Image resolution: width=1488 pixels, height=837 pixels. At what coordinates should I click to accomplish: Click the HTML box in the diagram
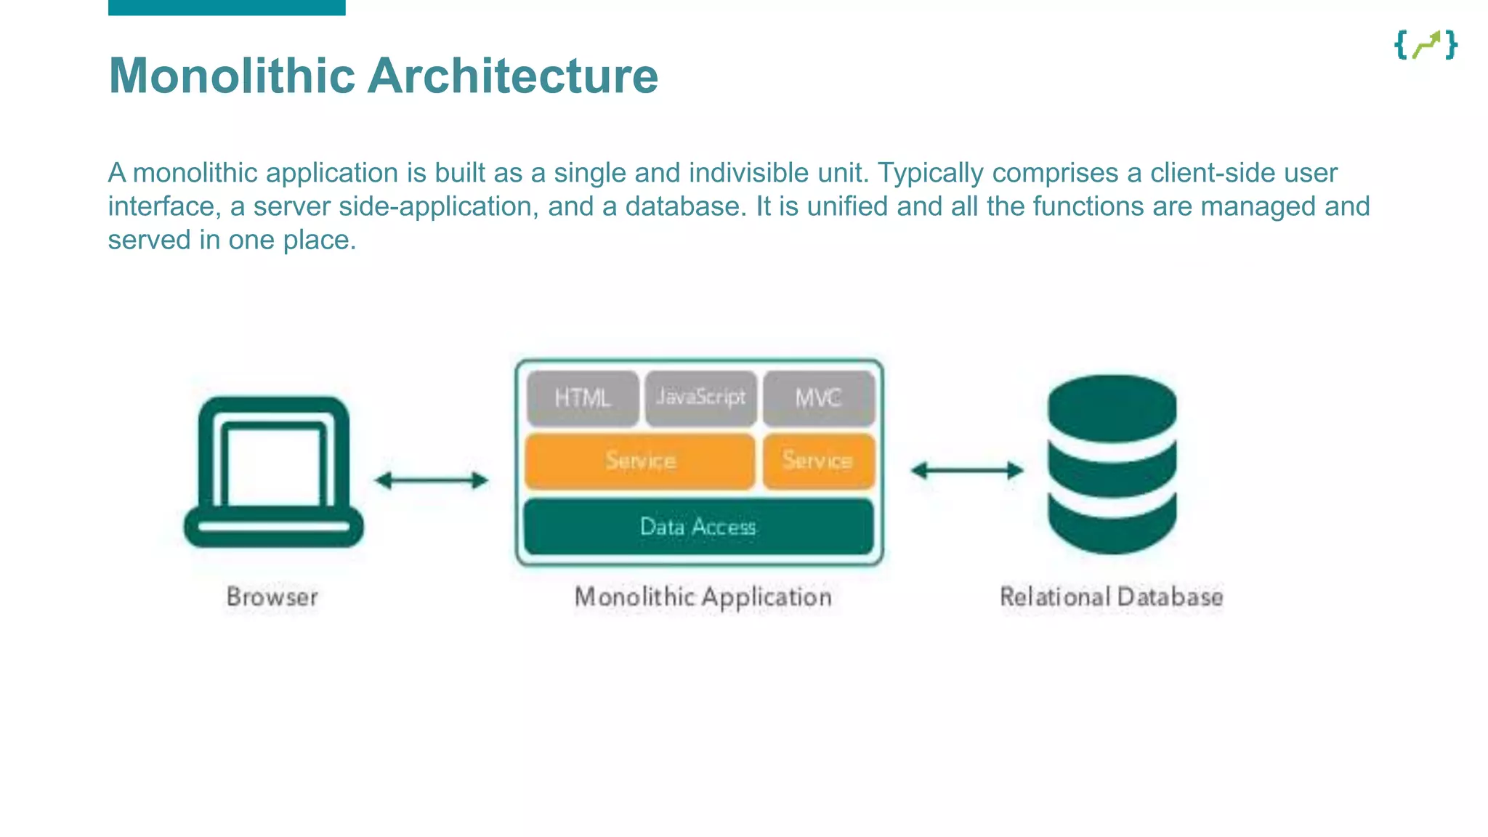pyautogui.click(x=583, y=398)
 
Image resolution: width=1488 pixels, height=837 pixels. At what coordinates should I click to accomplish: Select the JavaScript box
pyautogui.click(x=700, y=397)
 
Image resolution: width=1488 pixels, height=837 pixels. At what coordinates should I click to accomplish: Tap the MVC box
pyautogui.click(x=818, y=398)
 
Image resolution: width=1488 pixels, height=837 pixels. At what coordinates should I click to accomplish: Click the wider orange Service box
pyautogui.click(x=640, y=461)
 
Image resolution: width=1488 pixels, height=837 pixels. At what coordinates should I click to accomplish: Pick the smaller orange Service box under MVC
pyautogui.click(x=818, y=461)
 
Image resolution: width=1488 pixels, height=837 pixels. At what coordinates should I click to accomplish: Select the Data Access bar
pyautogui.click(x=698, y=527)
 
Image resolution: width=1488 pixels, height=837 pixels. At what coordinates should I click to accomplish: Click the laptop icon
pyautogui.click(x=273, y=472)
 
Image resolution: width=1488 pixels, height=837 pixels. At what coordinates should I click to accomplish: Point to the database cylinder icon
pyautogui.click(x=1112, y=465)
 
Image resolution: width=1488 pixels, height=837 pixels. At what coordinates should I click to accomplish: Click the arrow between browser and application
pyautogui.click(x=432, y=480)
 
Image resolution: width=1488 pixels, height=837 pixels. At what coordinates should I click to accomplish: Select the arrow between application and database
pyautogui.click(x=967, y=471)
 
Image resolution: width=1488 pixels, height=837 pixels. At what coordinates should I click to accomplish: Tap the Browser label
pyautogui.click(x=272, y=597)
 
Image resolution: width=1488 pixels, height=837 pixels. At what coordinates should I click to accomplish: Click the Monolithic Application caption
pyautogui.click(x=703, y=597)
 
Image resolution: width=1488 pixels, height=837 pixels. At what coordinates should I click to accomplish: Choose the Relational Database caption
pyautogui.click(x=1111, y=597)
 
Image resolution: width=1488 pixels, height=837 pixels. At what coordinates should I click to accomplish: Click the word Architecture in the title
pyautogui.click(x=512, y=76)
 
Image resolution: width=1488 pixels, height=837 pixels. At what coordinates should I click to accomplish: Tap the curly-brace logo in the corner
pyautogui.click(x=1426, y=45)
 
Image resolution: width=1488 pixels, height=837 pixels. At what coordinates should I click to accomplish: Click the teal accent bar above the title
pyautogui.click(x=227, y=7)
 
